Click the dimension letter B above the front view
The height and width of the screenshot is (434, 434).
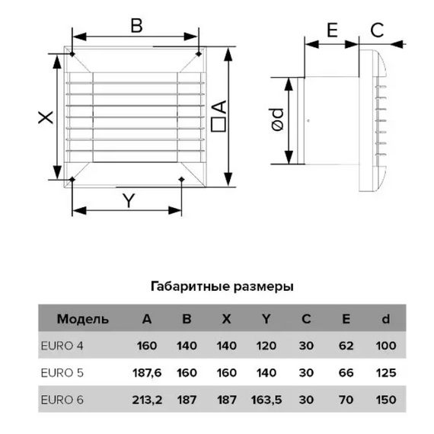[x=136, y=26]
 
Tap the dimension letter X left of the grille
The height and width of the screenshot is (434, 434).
[x=46, y=117]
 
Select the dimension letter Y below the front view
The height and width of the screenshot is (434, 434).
[x=129, y=201]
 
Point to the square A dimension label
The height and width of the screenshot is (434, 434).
[x=219, y=116]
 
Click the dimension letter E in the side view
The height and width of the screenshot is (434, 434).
[x=333, y=30]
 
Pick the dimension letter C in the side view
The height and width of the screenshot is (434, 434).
[x=377, y=30]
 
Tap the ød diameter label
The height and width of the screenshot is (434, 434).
[x=278, y=120]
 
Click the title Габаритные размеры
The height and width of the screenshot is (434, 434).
[x=222, y=286]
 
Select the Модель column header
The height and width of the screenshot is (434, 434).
[x=83, y=319]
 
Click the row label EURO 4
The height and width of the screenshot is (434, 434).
[x=62, y=346]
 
